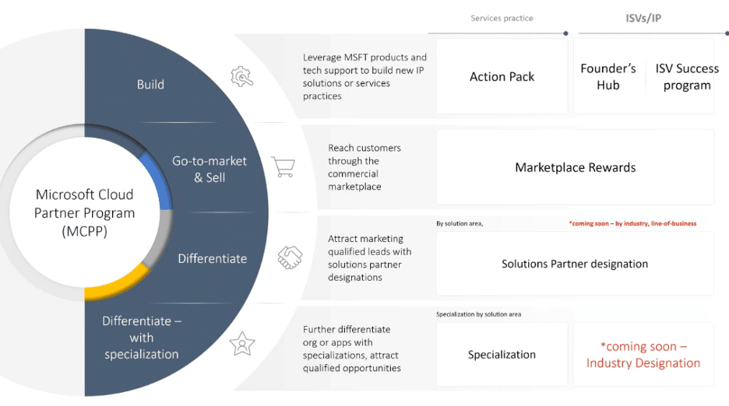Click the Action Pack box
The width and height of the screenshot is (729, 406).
(502, 77)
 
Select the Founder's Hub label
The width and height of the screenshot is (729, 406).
(608, 77)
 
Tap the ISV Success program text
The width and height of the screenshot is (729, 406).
(687, 77)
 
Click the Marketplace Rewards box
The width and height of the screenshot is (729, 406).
(575, 167)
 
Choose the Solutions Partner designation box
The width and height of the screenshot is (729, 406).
(575, 264)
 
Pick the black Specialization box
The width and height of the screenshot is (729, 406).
(502, 355)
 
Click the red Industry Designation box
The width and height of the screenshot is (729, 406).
(643, 355)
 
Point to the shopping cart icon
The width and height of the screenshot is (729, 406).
(283, 166)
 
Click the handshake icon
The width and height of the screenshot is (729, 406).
(291, 257)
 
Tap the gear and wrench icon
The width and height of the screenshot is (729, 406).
(241, 76)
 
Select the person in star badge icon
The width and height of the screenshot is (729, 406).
(242, 343)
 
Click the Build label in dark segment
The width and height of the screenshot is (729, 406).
(150, 84)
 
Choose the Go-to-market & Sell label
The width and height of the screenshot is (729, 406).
(210, 169)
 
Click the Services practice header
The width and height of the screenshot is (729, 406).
(502, 18)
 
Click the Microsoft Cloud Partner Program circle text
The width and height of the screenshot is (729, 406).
(84, 213)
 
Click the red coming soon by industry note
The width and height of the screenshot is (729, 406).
(632, 223)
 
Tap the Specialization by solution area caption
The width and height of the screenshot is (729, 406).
(478, 314)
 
